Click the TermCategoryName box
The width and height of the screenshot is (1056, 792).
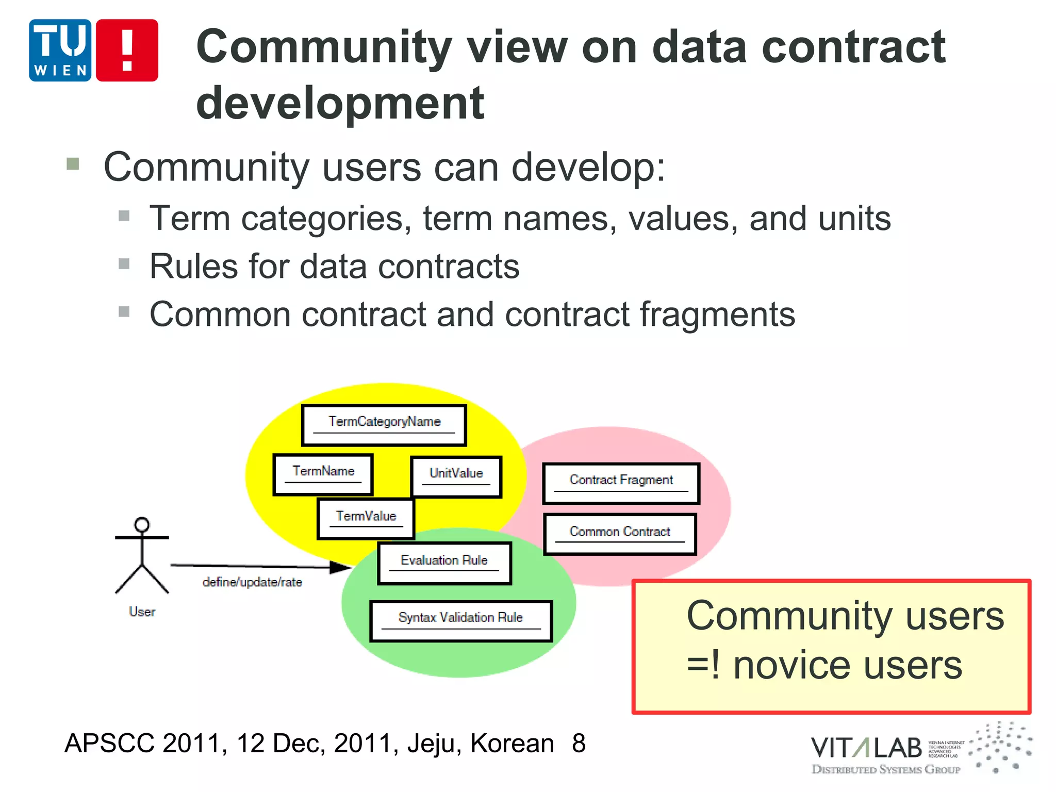click(384, 425)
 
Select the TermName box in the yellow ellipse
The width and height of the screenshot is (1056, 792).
click(323, 474)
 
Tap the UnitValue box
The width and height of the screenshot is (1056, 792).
click(456, 476)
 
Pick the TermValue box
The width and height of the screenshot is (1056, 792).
click(366, 519)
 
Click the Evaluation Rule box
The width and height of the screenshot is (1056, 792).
click(444, 563)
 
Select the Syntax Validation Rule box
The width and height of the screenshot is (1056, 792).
click(461, 621)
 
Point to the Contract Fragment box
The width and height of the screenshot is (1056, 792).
click(621, 483)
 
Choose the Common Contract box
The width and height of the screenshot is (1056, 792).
click(620, 534)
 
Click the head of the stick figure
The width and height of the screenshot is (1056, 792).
click(142, 525)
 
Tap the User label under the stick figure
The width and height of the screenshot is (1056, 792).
click(142, 612)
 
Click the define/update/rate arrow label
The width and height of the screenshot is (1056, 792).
click(252, 583)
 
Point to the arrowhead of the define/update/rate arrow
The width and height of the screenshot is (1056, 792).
click(341, 568)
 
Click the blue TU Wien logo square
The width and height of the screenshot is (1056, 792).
click(60, 50)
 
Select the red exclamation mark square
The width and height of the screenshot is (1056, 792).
click(127, 50)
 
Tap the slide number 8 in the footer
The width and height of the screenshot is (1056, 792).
click(579, 744)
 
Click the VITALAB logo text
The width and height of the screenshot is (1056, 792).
click(866, 748)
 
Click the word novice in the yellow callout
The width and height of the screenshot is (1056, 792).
click(792, 666)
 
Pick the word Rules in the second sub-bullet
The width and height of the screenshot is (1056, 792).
click(193, 267)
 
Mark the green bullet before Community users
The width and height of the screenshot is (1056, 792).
click(73, 164)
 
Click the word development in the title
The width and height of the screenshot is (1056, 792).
click(340, 103)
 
